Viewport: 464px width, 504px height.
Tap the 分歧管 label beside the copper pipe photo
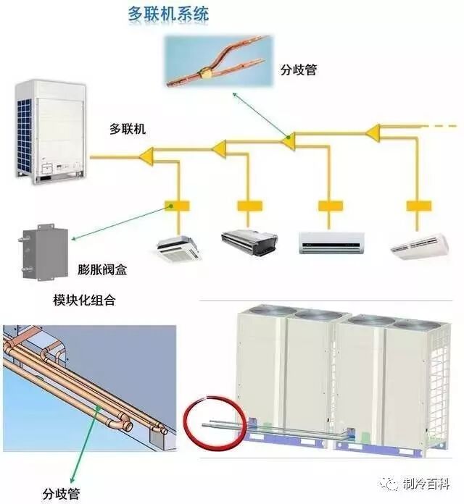click(299, 71)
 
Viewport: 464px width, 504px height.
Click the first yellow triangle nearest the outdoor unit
click(149, 154)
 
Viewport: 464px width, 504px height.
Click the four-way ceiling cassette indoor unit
click(177, 246)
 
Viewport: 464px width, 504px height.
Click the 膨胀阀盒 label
click(102, 269)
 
